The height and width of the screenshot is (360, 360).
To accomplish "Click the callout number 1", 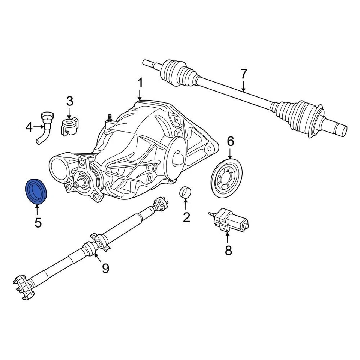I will point(140,82).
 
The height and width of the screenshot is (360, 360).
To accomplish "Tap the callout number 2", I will point(186,216).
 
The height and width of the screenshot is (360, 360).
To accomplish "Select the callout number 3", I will point(70,101).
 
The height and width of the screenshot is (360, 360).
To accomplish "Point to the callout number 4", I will point(29,128).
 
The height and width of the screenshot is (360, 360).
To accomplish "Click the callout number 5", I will point(38,222).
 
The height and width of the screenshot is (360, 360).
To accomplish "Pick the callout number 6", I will point(230,141).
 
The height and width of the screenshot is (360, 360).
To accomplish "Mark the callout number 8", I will point(228,250).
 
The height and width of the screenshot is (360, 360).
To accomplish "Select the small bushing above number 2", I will point(186,192).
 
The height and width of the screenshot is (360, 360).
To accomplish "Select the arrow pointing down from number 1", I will point(140,94).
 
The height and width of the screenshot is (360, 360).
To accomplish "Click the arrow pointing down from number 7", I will point(244,86).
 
